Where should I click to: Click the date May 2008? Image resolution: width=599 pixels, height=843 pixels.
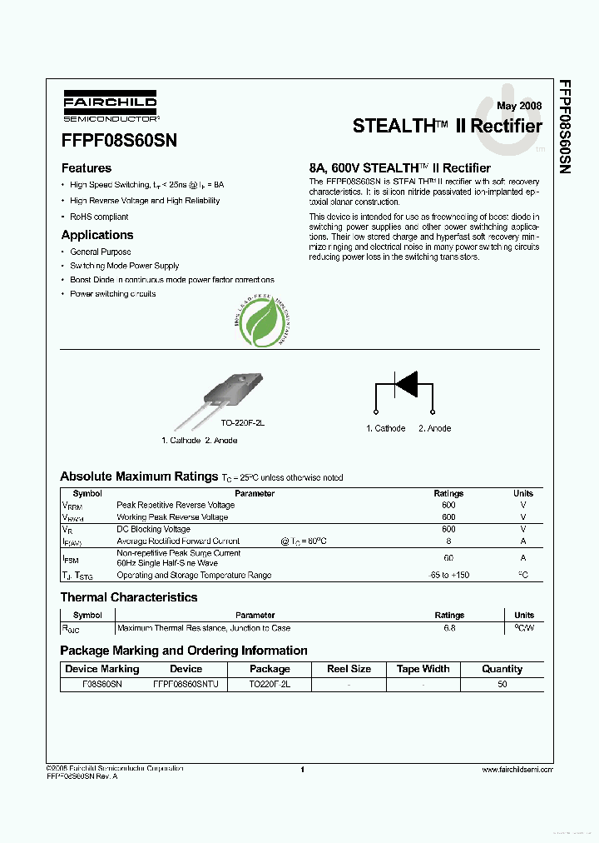click(x=519, y=106)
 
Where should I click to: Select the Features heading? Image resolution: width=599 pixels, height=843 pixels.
click(x=87, y=168)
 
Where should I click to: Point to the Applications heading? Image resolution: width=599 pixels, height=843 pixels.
click(x=97, y=235)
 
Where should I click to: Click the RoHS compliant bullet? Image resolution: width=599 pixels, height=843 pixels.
click(x=99, y=217)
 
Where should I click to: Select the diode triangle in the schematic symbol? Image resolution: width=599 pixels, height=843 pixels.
click(x=406, y=384)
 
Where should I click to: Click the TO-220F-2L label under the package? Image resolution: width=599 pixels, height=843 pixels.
click(x=241, y=423)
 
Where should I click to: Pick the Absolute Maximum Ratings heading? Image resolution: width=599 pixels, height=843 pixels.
click(x=138, y=476)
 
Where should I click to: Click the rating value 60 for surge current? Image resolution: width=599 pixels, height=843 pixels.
click(x=448, y=558)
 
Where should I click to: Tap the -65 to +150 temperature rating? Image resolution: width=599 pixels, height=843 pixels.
click(x=448, y=576)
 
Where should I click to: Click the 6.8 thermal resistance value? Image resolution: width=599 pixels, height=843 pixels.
click(x=449, y=628)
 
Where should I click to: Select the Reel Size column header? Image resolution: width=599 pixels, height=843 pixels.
click(x=349, y=669)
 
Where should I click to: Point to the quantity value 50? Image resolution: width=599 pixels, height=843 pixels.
click(x=502, y=684)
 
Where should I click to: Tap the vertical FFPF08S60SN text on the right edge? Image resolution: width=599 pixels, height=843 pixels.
click(x=565, y=127)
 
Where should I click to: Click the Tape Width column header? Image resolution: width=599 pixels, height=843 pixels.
click(x=423, y=669)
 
